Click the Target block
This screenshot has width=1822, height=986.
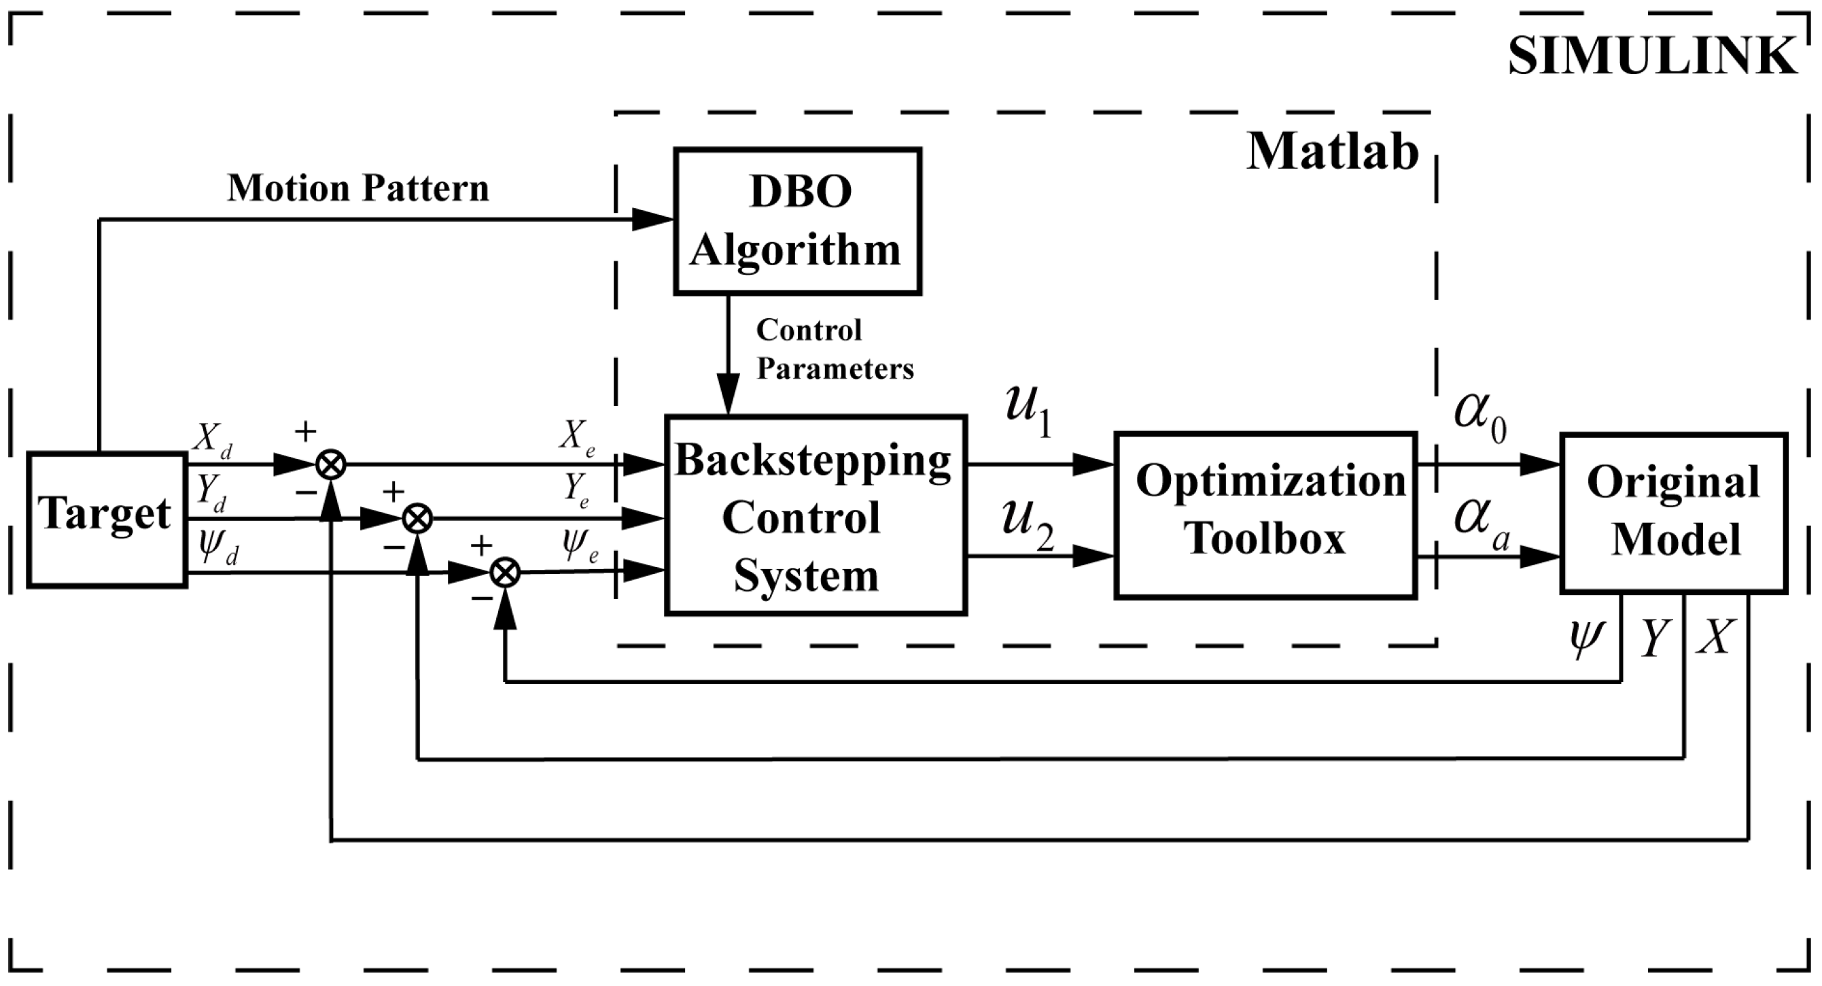click(106, 519)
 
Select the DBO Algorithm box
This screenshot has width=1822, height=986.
click(796, 221)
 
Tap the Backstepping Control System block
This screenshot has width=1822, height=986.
click(815, 515)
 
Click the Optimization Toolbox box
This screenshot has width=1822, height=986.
click(1265, 515)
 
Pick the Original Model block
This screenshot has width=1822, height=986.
click(1672, 513)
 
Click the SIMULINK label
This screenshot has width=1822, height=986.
click(1651, 56)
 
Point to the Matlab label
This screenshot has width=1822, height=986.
click(1332, 152)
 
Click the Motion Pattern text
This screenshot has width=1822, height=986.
click(358, 188)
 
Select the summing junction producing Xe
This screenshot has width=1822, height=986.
click(330, 465)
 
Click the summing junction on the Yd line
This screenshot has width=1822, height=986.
click(417, 519)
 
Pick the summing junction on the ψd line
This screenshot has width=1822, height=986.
click(505, 573)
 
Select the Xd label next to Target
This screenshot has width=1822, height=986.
click(212, 439)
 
